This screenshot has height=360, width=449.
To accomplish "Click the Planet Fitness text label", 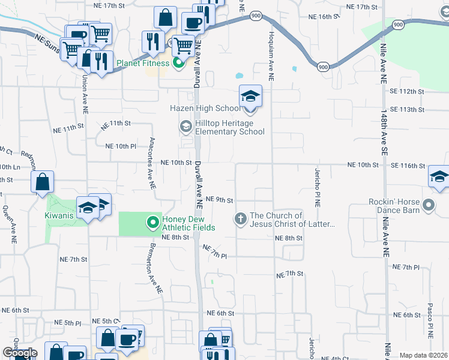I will [143, 63].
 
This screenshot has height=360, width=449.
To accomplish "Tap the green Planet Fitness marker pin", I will [178, 63].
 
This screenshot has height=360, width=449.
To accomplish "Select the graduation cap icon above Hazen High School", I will [250, 96].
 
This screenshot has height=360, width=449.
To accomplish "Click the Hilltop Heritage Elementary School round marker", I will [185, 126].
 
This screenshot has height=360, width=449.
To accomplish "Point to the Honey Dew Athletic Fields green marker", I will [153, 223].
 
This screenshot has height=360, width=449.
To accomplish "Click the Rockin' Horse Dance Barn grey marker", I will [429, 206].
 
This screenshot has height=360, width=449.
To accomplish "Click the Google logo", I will [20, 353].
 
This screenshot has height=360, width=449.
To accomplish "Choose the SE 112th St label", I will [407, 91].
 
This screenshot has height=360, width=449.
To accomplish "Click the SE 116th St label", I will [406, 164].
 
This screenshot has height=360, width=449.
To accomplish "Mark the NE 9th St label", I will [218, 199].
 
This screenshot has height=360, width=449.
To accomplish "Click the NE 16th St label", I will [317, 17].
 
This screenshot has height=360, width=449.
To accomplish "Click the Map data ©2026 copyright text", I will [423, 355].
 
